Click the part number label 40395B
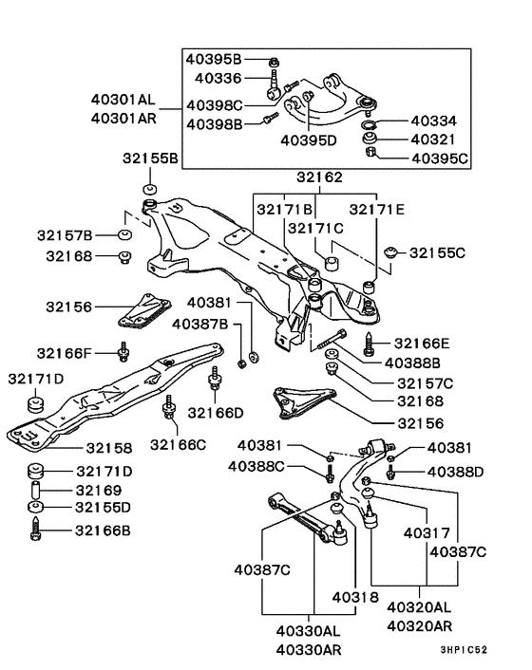[214, 60]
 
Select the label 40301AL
[123, 100]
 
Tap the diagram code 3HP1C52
[464, 650]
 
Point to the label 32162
[320, 177]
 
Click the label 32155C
[437, 253]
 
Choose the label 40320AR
[419, 626]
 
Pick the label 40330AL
[309, 631]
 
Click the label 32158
[109, 448]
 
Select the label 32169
[99, 490]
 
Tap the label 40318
[355, 597]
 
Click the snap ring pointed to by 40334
[368, 125]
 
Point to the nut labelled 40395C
[370, 152]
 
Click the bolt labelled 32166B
[36, 529]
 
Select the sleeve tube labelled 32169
[36, 490]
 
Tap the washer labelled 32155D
[35, 507]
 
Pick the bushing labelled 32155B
[149, 189]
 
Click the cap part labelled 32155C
[391, 251]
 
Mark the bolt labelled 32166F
[123, 352]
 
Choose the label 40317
[427, 532]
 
